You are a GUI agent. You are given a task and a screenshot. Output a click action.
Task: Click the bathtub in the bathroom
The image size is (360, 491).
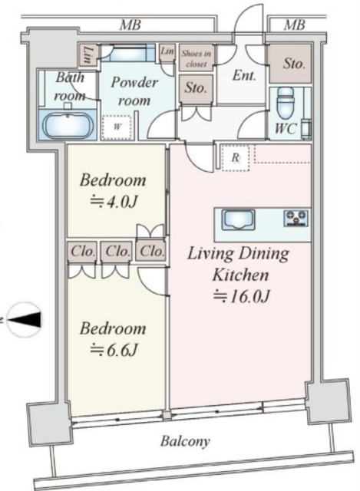[x=68, y=125]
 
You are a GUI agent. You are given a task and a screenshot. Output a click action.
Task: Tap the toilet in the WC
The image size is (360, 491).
[x=286, y=101]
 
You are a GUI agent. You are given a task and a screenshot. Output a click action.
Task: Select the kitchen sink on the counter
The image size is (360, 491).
[x=238, y=219]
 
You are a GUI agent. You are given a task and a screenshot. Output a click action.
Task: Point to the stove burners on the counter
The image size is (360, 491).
[x=296, y=218]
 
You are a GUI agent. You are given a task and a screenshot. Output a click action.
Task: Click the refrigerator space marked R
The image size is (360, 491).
[x=236, y=157]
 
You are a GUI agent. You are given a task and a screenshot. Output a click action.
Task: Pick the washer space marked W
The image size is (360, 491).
[x=117, y=127]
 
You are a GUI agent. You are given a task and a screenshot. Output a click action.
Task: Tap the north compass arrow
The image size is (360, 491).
[x=25, y=320]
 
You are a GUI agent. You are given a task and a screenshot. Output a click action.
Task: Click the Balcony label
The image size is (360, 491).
[x=185, y=441]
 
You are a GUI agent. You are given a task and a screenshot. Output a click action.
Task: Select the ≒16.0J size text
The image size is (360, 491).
[x=241, y=296]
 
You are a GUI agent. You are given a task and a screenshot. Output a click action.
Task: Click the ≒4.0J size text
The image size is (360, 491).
[x=114, y=202]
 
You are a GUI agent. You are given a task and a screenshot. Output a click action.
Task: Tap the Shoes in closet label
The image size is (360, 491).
[x=197, y=58]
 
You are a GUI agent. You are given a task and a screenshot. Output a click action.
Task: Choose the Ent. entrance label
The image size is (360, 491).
[x=244, y=76]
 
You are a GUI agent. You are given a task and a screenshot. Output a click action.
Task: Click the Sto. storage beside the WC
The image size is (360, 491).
[x=290, y=64]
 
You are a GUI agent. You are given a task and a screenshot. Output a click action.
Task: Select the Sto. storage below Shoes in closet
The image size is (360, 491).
[x=196, y=89]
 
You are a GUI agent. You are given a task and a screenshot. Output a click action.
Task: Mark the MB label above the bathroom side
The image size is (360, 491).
[x=130, y=25]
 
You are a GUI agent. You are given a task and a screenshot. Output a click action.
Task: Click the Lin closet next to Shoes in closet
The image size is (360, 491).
[x=167, y=51]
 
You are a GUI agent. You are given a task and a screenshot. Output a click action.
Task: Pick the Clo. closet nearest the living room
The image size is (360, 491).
[x=151, y=251]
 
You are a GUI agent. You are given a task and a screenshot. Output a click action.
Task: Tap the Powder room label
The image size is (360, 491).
[x=134, y=91]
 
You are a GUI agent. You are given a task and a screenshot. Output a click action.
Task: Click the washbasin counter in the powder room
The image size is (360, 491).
[x=129, y=53]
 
